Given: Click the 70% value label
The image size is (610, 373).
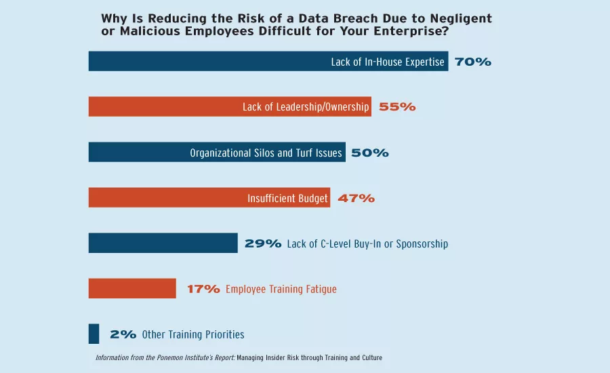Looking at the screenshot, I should (472, 62).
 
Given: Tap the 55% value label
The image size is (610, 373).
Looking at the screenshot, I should (397, 107).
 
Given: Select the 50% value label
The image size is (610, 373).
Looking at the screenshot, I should (370, 153).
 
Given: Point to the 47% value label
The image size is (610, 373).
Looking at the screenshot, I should (356, 199).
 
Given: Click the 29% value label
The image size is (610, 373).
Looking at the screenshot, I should (263, 244).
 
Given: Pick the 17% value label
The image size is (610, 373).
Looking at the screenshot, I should (203, 290).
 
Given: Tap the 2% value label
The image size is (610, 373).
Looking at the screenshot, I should (123, 335).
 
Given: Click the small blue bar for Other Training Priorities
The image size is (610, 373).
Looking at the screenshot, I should (94, 334).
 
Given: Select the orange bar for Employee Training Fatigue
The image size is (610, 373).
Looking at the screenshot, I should (132, 289).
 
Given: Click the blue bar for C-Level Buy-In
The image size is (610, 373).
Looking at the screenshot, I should (163, 243).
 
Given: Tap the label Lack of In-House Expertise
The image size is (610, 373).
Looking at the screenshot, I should (388, 62).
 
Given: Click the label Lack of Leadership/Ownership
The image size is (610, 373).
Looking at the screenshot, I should (306, 107).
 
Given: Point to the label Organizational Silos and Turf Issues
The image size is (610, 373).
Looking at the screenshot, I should (266, 153).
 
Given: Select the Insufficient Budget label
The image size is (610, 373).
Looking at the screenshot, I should (287, 199).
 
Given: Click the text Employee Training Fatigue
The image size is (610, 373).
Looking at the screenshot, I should (281, 290).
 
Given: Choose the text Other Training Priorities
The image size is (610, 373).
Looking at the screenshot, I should (193, 335).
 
